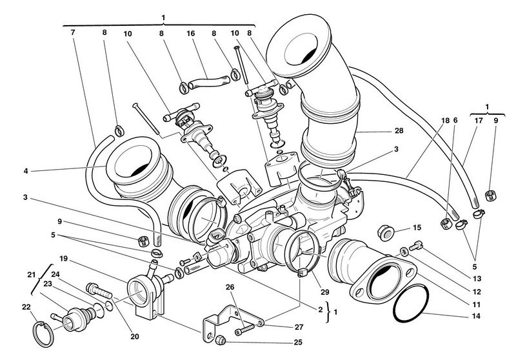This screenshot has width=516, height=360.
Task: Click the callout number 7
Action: tap(72, 32)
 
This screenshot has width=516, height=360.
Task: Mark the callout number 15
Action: tap(417, 227)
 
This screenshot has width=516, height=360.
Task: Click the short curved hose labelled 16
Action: tap(206, 81)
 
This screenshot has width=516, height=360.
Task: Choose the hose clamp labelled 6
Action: tap(446, 224)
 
